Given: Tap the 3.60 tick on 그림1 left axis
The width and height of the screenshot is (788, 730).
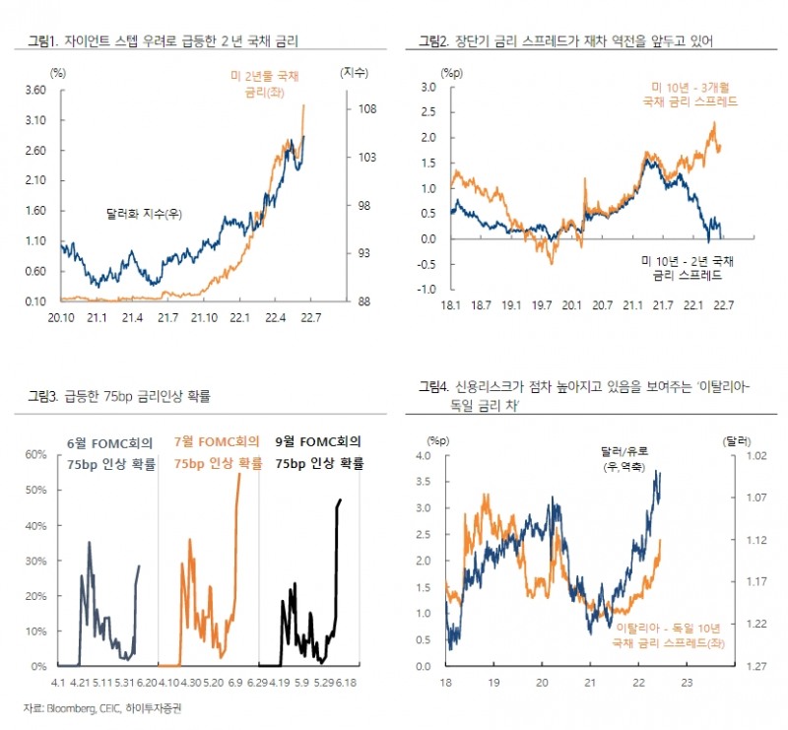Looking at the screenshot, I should pos(36,91).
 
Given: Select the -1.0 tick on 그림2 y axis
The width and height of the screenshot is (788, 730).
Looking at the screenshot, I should pos(427,290).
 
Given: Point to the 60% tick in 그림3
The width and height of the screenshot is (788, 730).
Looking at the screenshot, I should pos(36,454).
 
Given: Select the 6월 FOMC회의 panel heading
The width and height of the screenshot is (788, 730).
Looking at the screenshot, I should pos(110,453).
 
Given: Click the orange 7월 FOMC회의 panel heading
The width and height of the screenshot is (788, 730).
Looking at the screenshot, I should pos(217,453).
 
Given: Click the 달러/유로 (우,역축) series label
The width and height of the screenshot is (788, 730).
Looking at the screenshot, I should pos(624,459).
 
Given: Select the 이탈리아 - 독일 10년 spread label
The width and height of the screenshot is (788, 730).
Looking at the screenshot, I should pos(666,633).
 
